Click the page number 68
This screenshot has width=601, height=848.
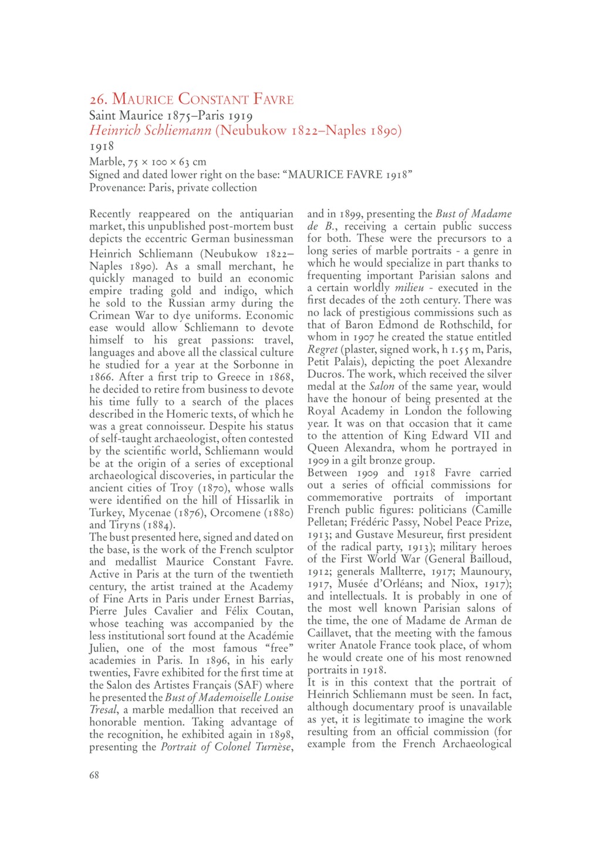click(x=94, y=775)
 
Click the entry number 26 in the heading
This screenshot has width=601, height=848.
click(x=97, y=99)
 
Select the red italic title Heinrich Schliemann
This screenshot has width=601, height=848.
click(x=150, y=130)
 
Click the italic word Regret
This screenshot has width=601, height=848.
click(x=322, y=349)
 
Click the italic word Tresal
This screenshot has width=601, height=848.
click(x=103, y=710)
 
